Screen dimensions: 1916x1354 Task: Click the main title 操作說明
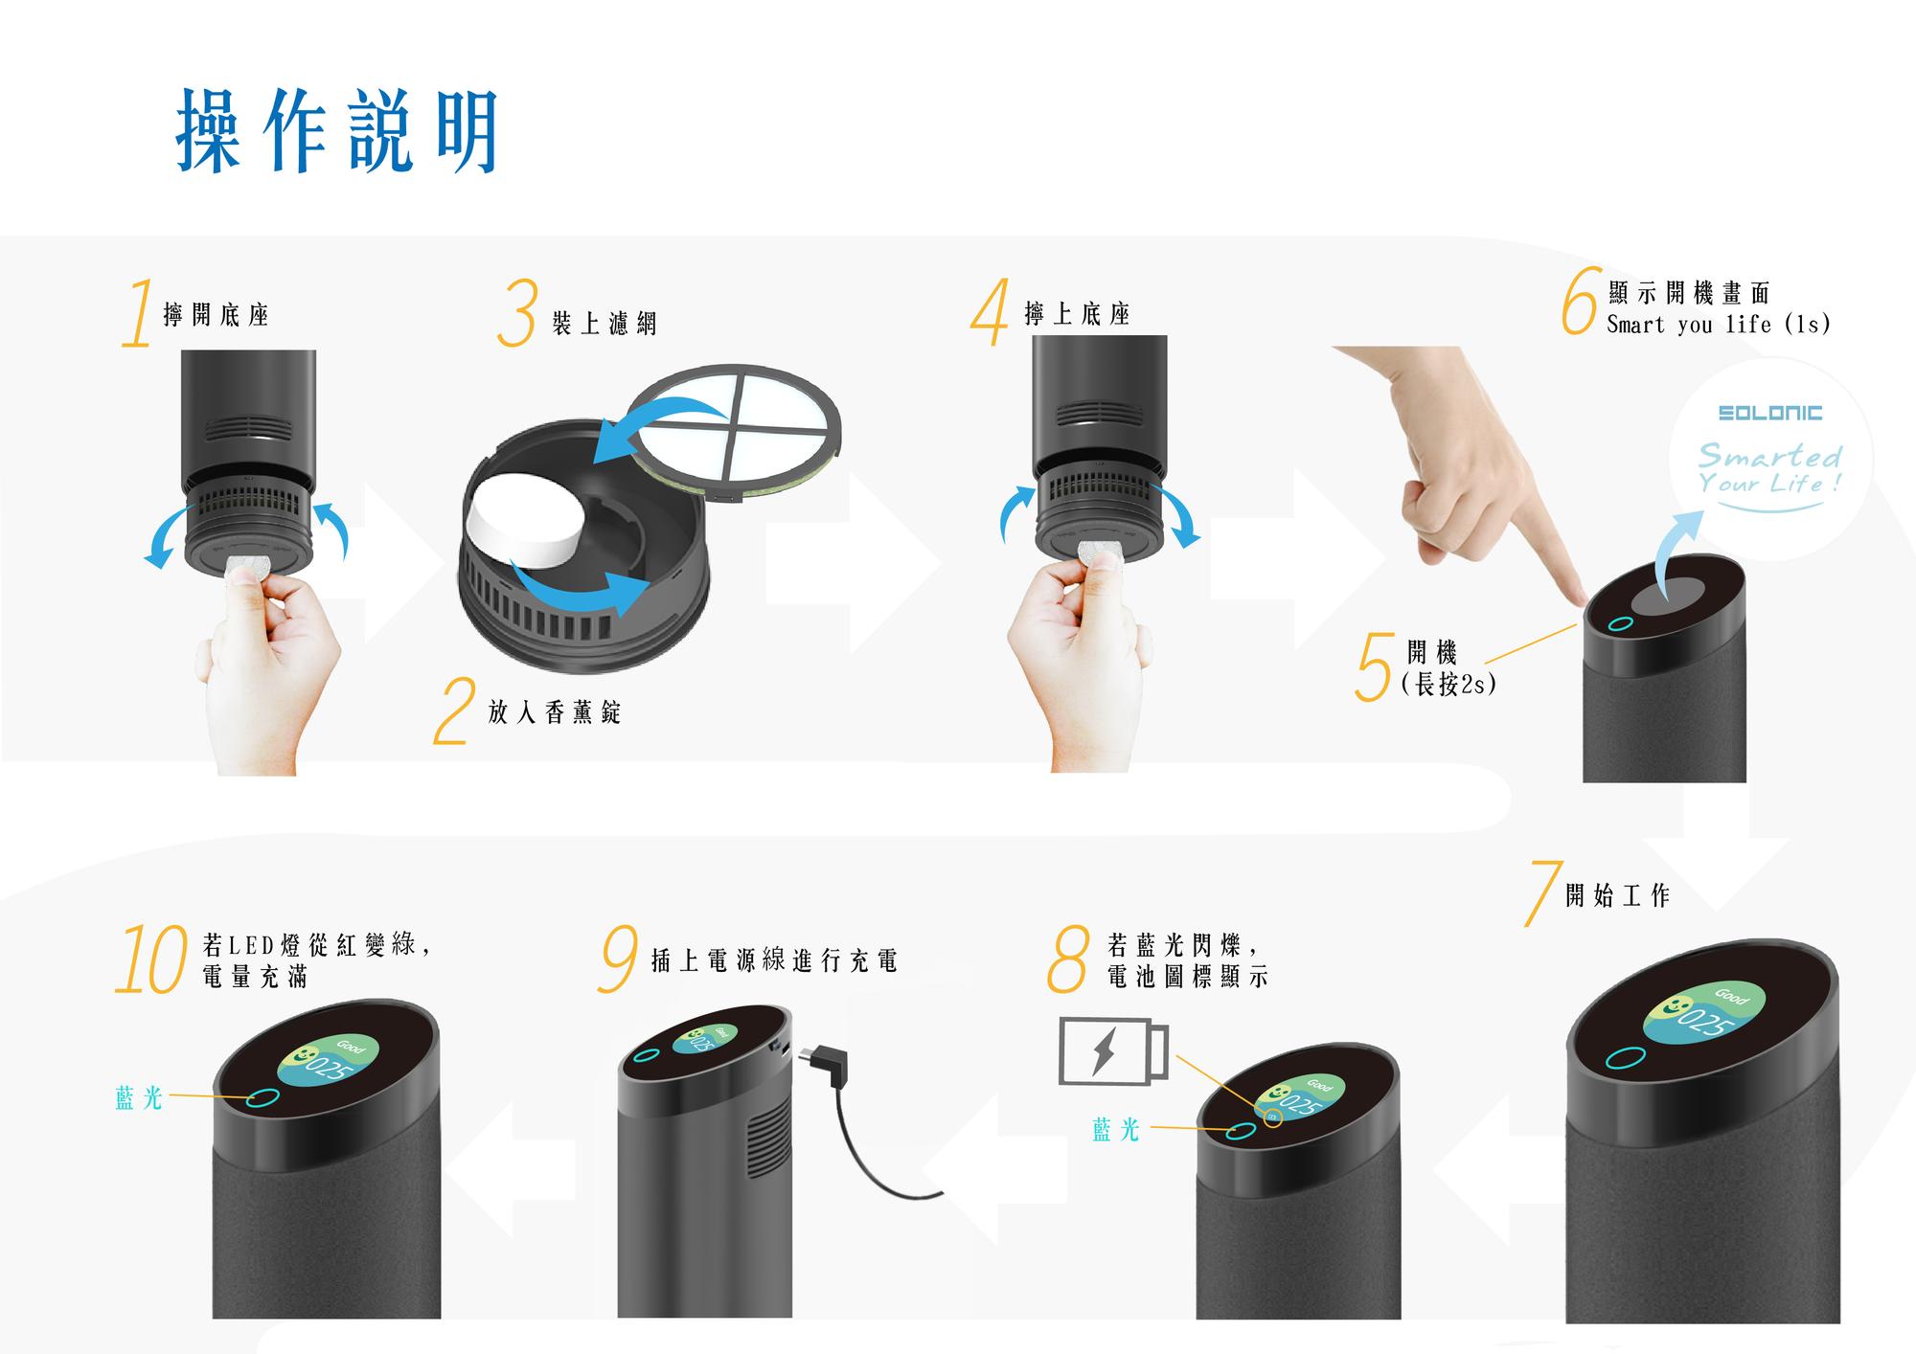[338, 131]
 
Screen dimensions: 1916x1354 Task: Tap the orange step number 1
[139, 313]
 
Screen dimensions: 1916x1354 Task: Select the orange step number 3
[517, 312]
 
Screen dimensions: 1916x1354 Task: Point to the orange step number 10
[151, 959]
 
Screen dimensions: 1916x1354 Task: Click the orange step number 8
[1068, 959]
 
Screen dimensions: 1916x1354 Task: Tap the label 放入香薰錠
[555, 711]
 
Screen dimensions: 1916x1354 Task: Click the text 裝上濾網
[604, 324]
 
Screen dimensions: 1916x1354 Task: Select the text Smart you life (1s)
[1719, 325]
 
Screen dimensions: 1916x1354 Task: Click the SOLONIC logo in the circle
[1770, 413]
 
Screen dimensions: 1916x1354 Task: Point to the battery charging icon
[1114, 1051]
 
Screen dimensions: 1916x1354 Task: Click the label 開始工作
[1617, 895]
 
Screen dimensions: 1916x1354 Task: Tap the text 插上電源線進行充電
[774, 960]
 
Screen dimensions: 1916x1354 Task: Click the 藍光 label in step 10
[139, 1098]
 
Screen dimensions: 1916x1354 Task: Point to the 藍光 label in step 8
[1116, 1130]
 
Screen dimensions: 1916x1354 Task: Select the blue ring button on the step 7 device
[1626, 1057]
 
